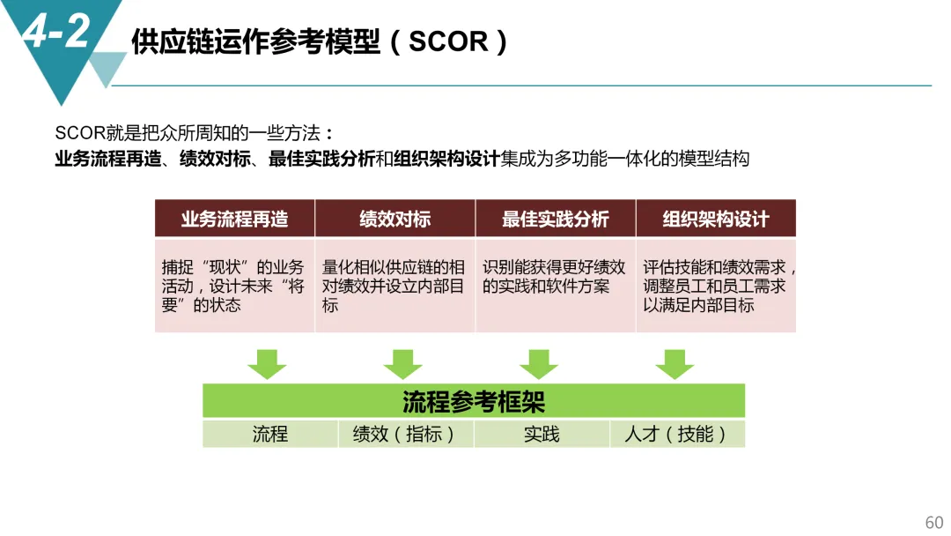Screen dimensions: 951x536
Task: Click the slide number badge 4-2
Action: click(56, 33)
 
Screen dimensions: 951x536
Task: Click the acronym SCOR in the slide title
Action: click(449, 41)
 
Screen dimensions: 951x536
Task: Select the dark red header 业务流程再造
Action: click(234, 219)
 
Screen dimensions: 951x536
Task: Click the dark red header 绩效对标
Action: click(394, 219)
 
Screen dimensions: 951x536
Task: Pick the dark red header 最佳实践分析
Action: click(555, 219)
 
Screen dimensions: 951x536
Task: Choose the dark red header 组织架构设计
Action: click(715, 219)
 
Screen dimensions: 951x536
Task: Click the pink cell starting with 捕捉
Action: click(234, 286)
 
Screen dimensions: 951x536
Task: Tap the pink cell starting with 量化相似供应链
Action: click(394, 286)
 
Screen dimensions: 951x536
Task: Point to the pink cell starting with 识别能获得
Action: click(555, 286)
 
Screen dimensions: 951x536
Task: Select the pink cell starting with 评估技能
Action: click(715, 286)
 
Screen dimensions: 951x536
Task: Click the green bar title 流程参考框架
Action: click(474, 401)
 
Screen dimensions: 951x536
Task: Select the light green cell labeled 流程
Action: click(270, 434)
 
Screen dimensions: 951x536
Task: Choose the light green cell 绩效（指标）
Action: click(405, 434)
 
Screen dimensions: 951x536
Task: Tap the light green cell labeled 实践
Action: click(542, 434)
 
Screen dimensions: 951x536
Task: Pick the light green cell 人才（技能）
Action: click(676, 434)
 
